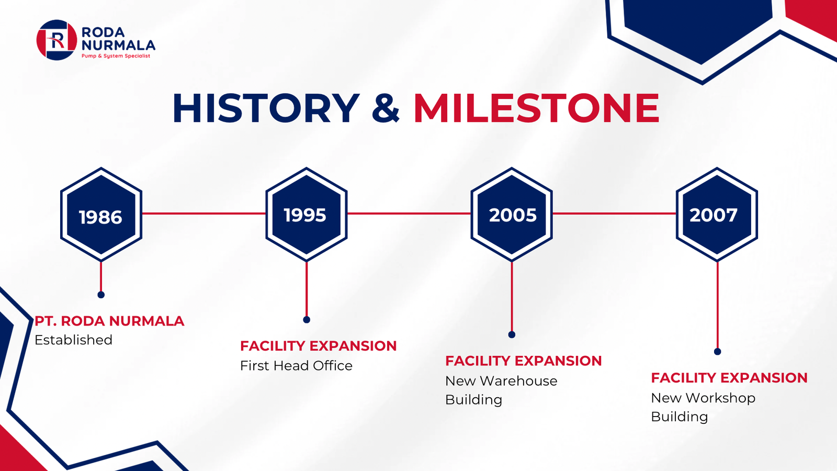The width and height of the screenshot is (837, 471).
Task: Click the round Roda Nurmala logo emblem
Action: pyautogui.click(x=57, y=40)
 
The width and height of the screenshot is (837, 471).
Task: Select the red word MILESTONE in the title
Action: pyautogui.click(x=537, y=108)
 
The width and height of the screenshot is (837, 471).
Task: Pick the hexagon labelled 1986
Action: pyautogui.click(x=101, y=214)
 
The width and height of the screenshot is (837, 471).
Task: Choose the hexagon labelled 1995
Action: pyautogui.click(x=307, y=214)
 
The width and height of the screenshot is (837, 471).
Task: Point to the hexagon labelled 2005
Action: pyautogui.click(x=512, y=214)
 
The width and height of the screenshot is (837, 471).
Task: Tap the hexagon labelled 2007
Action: pyautogui.click(x=717, y=214)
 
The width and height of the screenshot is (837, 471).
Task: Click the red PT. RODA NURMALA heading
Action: pyautogui.click(x=109, y=321)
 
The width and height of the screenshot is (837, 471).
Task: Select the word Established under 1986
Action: pyautogui.click(x=73, y=340)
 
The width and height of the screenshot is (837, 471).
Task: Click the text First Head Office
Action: pyautogui.click(x=296, y=366)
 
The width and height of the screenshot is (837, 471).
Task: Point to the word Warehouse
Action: pyautogui.click(x=518, y=381)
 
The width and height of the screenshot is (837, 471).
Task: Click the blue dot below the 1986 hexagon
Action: pyautogui.click(x=101, y=295)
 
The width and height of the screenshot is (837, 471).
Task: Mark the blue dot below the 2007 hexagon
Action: pyautogui.click(x=717, y=351)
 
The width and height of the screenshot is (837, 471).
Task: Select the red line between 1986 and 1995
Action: pyautogui.click(x=203, y=214)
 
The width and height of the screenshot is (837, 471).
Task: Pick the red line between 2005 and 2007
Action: pyautogui.click(x=614, y=214)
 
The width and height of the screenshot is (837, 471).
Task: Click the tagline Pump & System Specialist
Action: pyautogui.click(x=116, y=56)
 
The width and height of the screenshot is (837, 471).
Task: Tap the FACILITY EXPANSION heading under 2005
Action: pyautogui.click(x=524, y=361)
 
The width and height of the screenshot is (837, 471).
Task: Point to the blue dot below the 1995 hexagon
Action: pyautogui.click(x=307, y=320)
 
